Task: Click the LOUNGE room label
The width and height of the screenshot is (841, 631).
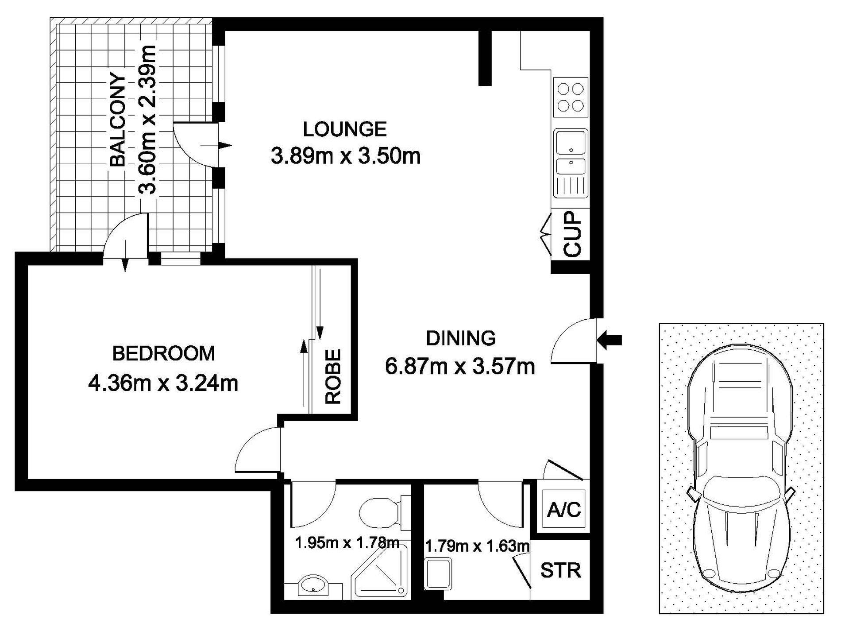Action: [345, 129]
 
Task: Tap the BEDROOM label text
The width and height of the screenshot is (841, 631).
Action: [164, 353]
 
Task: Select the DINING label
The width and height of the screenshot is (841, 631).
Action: [461, 338]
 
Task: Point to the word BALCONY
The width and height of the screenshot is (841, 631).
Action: [118, 120]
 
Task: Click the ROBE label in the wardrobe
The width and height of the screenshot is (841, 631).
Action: [333, 377]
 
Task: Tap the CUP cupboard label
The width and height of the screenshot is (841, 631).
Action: [572, 233]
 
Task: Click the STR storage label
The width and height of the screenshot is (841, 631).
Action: [560, 570]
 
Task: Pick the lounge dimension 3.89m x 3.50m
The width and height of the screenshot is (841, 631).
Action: [345, 156]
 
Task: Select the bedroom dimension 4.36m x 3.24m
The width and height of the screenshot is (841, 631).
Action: [163, 383]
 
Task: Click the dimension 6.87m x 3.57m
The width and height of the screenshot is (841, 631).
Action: [460, 367]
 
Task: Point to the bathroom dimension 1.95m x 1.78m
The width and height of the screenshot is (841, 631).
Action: [347, 542]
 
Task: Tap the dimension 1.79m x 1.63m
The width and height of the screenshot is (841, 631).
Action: [477, 546]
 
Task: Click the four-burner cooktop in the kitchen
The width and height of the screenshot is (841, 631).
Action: [571, 97]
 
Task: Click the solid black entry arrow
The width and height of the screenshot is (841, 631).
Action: [610, 340]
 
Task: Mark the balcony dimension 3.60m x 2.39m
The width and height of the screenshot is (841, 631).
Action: [148, 120]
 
